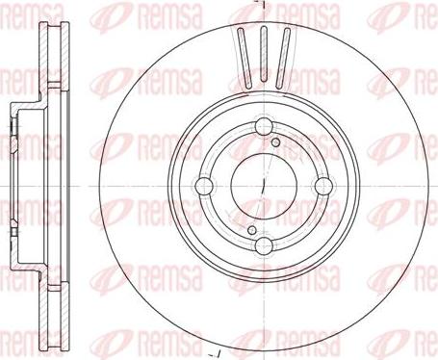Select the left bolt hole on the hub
click(204, 186)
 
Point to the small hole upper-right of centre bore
click(277, 143)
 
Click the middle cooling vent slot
click(259, 50)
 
